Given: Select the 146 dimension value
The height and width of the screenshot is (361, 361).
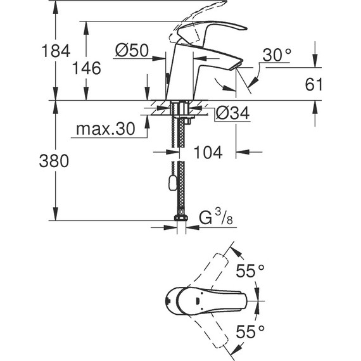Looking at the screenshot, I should tap(87, 68).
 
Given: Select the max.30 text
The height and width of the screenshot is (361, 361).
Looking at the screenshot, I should tap(106, 129).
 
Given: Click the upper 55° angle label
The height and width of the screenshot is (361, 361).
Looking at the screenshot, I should tap(250, 272).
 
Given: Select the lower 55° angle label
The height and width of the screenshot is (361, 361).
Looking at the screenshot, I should tap(250, 330).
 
